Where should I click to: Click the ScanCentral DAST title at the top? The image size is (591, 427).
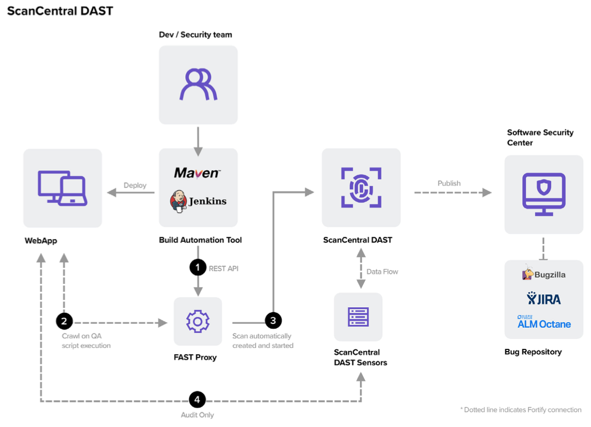click(x=60, y=11)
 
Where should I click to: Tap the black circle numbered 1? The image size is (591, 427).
click(x=198, y=268)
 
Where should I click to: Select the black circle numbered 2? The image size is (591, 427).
click(x=64, y=321)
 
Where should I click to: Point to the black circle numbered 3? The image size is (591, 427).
click(x=273, y=321)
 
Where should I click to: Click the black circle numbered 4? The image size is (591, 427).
click(x=197, y=399)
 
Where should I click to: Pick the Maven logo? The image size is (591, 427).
click(x=197, y=173)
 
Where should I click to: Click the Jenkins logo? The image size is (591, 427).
click(x=198, y=201)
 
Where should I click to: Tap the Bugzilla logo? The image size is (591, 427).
click(x=544, y=274)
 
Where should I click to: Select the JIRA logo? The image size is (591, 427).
click(x=544, y=299)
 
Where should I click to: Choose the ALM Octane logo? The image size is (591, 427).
click(x=544, y=322)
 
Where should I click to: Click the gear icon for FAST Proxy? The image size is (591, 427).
click(x=197, y=321)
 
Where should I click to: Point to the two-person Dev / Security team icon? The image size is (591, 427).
click(x=198, y=84)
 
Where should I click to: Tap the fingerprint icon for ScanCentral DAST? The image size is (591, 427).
click(x=361, y=187)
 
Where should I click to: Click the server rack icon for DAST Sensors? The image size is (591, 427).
click(x=358, y=317)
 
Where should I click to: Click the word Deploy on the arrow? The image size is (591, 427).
click(x=135, y=185)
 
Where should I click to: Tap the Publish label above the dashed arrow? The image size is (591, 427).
click(x=449, y=183)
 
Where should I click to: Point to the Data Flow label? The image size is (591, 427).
click(x=383, y=272)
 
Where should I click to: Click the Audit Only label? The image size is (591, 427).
click(x=197, y=415)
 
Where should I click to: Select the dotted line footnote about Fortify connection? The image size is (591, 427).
click(x=521, y=410)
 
